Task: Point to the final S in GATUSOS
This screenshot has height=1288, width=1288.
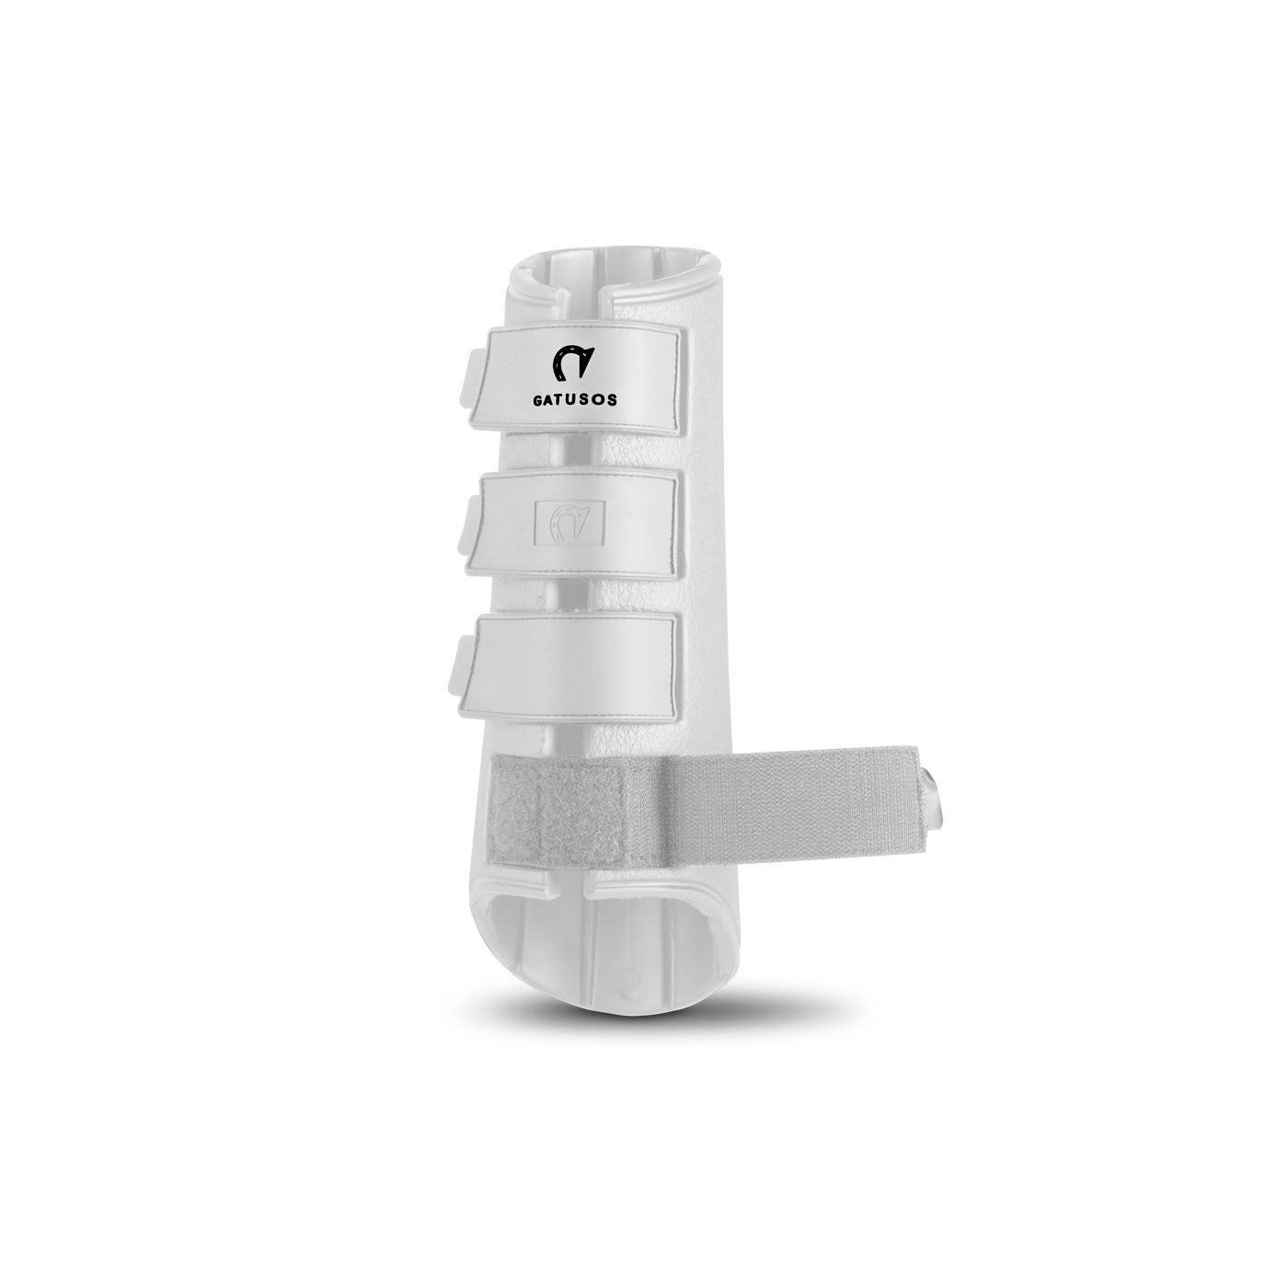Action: (613, 398)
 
